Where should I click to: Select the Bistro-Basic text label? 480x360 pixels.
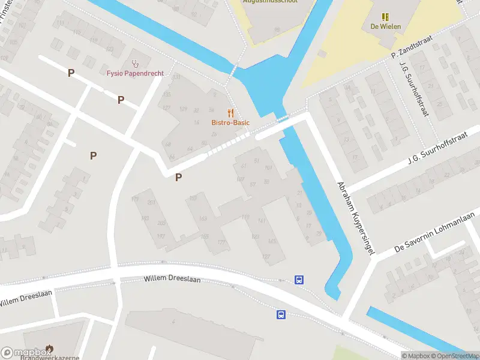click(230, 123)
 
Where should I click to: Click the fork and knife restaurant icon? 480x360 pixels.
click(230, 113)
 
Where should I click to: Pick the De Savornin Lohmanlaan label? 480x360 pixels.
click(434, 232)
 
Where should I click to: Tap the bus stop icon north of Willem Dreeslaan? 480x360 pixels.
click(299, 279)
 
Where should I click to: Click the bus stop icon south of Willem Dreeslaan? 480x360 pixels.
click(280, 314)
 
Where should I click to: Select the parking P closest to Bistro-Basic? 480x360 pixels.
click(178, 177)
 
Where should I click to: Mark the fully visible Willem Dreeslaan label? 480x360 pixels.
click(172, 280)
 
